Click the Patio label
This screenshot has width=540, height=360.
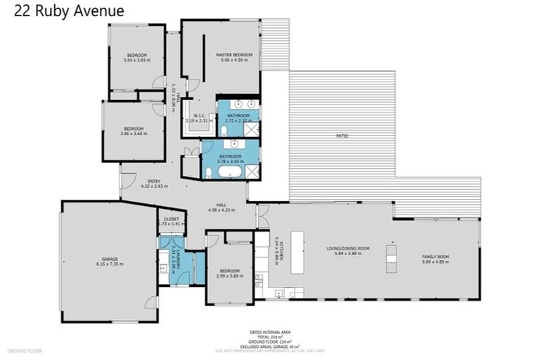[342, 136]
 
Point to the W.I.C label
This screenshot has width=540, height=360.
[199, 116]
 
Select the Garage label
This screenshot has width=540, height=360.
[109, 259]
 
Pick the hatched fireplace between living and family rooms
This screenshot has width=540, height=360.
[391, 257]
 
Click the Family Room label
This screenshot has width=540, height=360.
[435, 257]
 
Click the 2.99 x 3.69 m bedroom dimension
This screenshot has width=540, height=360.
[229, 276]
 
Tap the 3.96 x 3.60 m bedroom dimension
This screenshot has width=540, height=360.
[134, 134]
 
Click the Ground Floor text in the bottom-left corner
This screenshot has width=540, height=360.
[25, 349]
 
